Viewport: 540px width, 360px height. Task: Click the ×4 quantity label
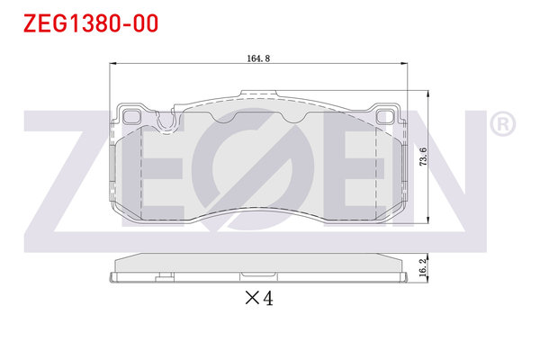258,299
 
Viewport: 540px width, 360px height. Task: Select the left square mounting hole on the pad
132,115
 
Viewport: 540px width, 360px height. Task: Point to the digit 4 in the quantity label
266,299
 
